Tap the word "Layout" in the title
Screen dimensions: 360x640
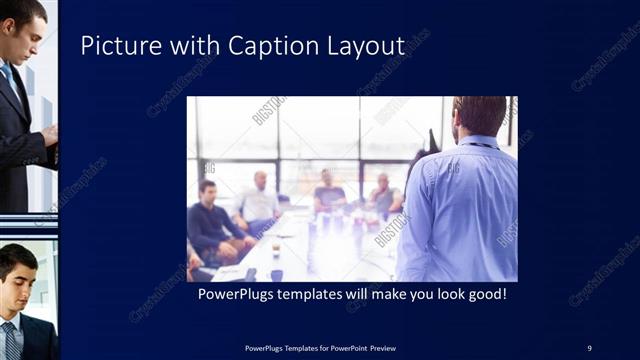[366, 46]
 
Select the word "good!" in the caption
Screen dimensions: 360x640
[486, 296]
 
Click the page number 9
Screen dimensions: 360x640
[589, 347]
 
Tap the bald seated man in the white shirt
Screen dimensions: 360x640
[259, 201]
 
